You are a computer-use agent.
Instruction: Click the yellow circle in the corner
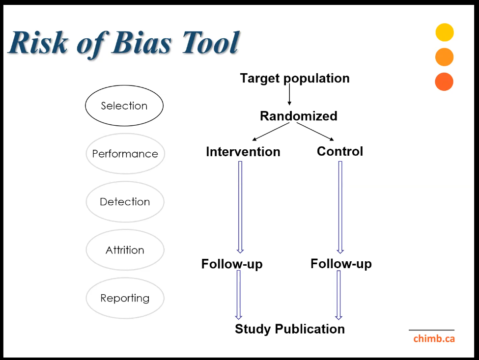(x=445, y=32)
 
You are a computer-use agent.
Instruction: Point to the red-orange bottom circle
(x=444, y=82)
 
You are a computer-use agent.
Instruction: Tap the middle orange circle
(x=444, y=57)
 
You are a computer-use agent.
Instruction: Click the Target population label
(x=295, y=79)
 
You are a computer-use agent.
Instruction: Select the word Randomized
(x=299, y=116)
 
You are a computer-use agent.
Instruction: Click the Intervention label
(x=243, y=152)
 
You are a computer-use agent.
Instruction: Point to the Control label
(x=340, y=151)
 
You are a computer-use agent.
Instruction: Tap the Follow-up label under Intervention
(x=232, y=264)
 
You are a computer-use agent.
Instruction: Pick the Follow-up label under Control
(x=341, y=264)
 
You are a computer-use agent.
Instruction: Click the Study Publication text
(x=290, y=329)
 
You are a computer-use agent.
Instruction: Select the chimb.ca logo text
(x=434, y=338)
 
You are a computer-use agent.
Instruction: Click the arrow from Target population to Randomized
(x=289, y=94)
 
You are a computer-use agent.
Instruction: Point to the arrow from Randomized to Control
(x=315, y=132)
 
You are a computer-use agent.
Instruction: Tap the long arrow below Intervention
(x=240, y=207)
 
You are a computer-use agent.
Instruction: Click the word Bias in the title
(x=142, y=42)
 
